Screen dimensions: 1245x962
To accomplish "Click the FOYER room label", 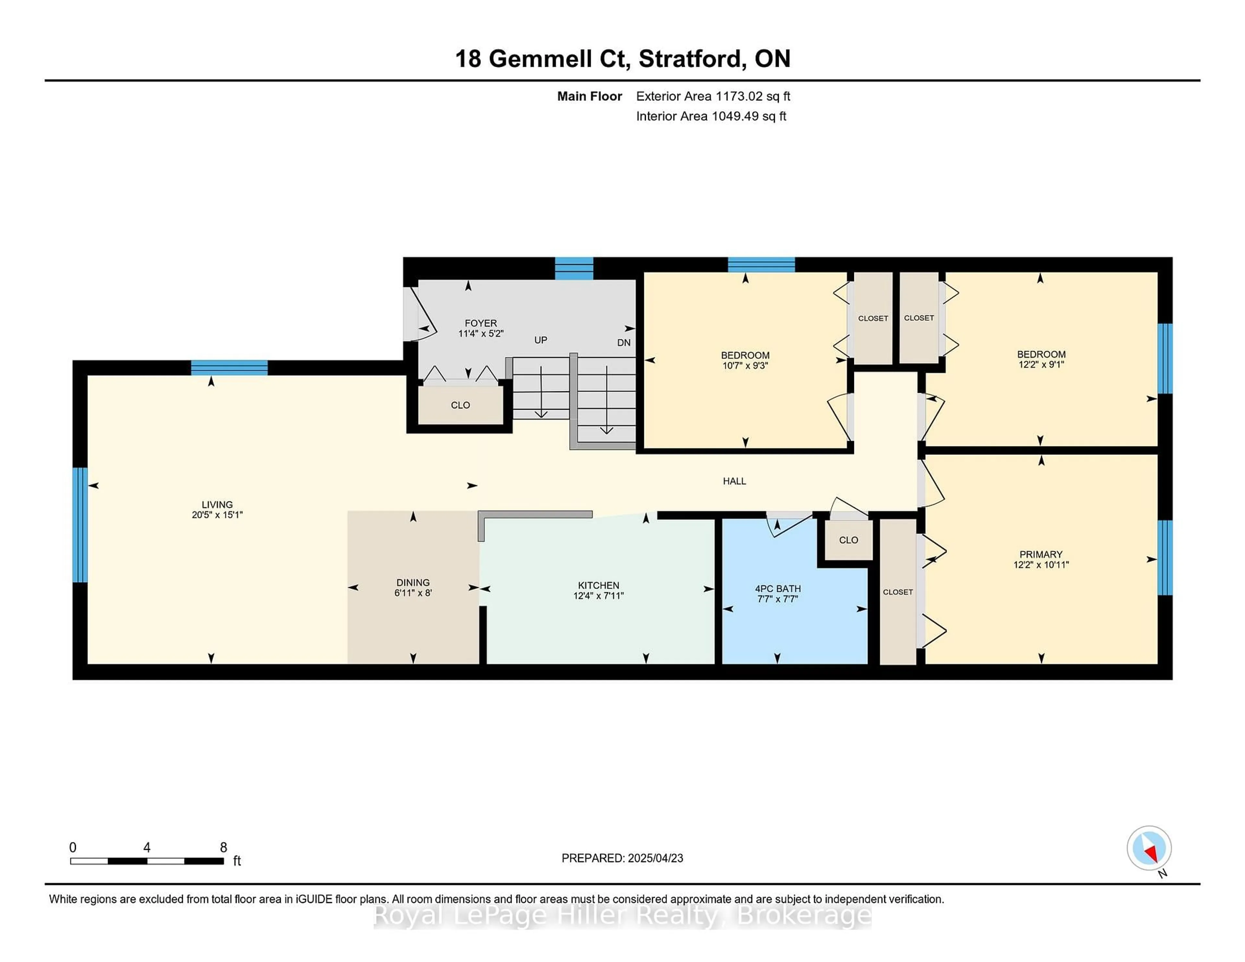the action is [x=480, y=323].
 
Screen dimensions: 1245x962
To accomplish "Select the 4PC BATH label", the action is [x=777, y=589].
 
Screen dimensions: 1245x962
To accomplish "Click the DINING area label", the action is [x=413, y=582].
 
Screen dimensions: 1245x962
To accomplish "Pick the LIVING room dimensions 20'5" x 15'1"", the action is [x=217, y=515].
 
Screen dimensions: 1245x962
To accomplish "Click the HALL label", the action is [x=734, y=481].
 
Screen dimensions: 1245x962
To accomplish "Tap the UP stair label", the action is [x=540, y=340].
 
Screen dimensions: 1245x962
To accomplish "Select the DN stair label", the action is [x=624, y=343].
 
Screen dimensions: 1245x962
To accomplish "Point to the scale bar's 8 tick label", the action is [x=223, y=848].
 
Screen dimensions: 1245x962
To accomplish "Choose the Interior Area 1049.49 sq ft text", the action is [x=711, y=116].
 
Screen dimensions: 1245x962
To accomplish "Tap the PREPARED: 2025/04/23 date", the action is [x=622, y=858].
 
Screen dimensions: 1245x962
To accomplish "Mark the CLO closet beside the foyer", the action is [x=460, y=405].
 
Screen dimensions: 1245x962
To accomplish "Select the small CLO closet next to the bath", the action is [x=848, y=540].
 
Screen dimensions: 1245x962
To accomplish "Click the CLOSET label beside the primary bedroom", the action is [x=898, y=592].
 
